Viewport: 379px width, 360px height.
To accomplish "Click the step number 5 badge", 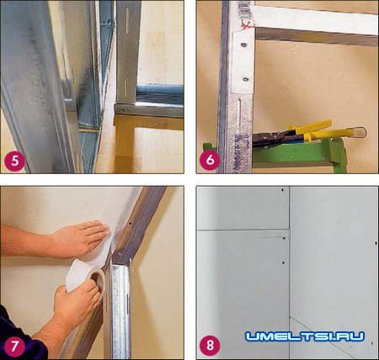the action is click(14, 161).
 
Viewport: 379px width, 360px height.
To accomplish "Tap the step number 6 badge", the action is click(210, 160).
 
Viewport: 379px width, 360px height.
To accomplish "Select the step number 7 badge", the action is click(14, 346).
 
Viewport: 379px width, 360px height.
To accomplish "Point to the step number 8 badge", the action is click(210, 345).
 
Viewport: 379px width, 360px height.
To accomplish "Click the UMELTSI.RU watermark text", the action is click(305, 336).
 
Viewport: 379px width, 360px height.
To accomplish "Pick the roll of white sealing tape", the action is click(85, 277).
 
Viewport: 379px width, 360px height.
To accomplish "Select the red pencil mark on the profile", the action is click(247, 24).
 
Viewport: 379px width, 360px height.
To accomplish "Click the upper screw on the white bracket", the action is click(243, 45).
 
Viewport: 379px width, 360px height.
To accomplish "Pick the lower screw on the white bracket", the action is click(246, 79).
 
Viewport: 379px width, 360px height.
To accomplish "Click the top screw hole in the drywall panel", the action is click(282, 190).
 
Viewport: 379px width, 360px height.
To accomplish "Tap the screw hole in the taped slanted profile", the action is click(130, 224).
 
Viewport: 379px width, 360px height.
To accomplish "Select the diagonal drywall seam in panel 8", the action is click(318, 333).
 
